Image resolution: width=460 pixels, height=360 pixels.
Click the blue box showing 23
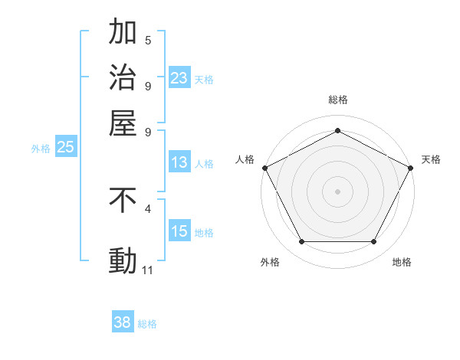point(179,78)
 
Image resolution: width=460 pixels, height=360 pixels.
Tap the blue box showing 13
point(179,162)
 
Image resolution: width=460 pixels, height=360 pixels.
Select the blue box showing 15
point(179,232)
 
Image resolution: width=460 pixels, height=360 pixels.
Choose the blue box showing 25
point(65,148)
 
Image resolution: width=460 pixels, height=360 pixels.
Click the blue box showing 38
point(123,322)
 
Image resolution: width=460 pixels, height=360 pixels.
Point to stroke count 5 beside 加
point(148,40)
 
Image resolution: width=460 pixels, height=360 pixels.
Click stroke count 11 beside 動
point(148,270)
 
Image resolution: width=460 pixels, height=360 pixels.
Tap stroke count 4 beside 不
point(148,208)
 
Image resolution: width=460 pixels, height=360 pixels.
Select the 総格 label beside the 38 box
point(147,324)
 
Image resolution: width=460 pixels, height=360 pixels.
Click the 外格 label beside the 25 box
point(41,149)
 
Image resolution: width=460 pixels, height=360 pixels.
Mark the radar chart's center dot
point(337,191)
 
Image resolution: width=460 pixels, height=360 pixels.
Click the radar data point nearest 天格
point(411,167)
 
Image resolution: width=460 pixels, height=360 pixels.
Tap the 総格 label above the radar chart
point(337,100)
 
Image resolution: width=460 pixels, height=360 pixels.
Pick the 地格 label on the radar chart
point(402,262)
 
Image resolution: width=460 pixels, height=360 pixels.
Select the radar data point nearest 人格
point(264,167)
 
